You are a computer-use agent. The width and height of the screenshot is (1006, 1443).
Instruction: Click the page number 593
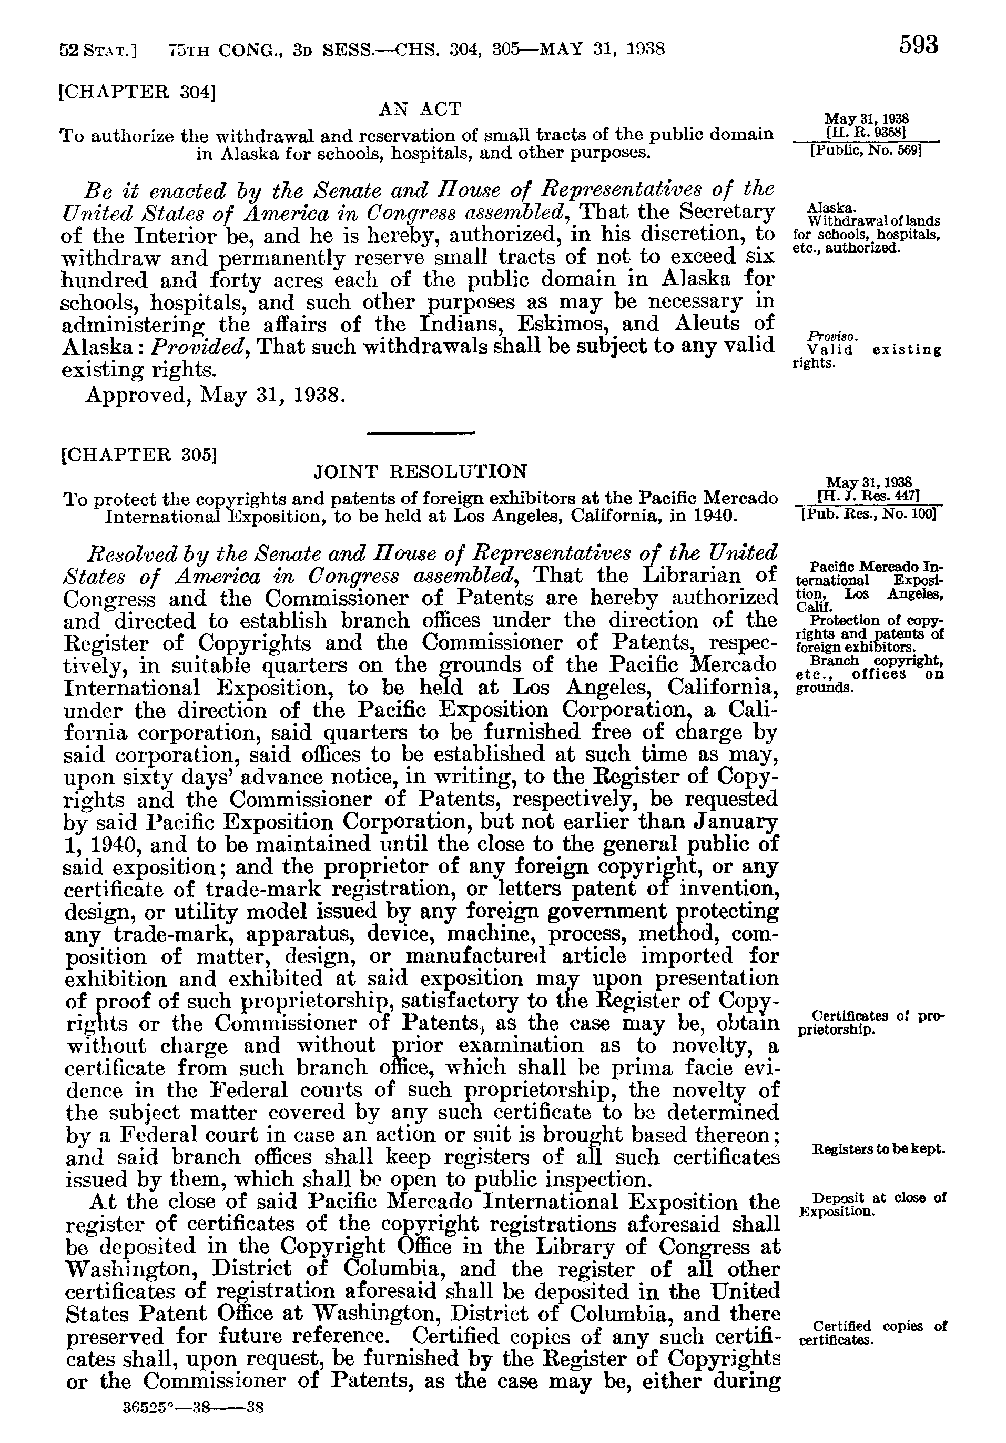tap(918, 45)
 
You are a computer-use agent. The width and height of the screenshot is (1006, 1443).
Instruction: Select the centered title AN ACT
tap(420, 109)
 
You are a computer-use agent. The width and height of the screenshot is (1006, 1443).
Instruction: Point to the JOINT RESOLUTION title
tap(420, 471)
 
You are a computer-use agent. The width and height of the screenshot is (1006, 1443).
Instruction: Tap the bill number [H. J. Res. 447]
tap(868, 496)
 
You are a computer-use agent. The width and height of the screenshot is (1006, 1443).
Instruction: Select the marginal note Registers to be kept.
tap(878, 1149)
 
